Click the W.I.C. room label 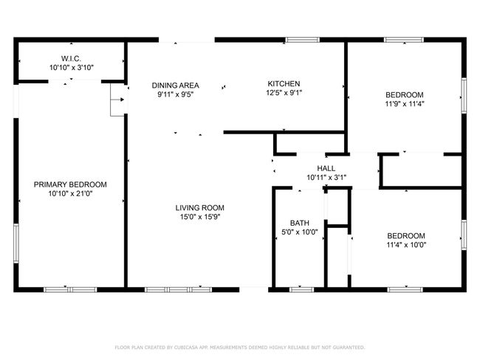(x=71, y=58)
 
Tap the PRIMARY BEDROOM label (x=70, y=184)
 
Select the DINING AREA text (x=176, y=86)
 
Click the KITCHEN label (x=284, y=83)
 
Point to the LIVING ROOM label (x=199, y=208)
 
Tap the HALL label (x=326, y=168)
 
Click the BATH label (x=299, y=223)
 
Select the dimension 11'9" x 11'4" (x=405, y=104)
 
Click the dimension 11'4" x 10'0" (x=406, y=245)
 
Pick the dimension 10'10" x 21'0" (x=70, y=193)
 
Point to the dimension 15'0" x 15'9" (x=200, y=217)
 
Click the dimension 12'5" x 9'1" (x=284, y=93)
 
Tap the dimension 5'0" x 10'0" (x=300, y=232)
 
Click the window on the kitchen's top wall (x=303, y=40)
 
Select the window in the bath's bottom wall (x=302, y=289)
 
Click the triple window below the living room (x=178, y=289)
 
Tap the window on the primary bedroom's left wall (x=16, y=243)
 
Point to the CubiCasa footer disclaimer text (x=240, y=347)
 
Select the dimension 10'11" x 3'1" (x=326, y=177)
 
